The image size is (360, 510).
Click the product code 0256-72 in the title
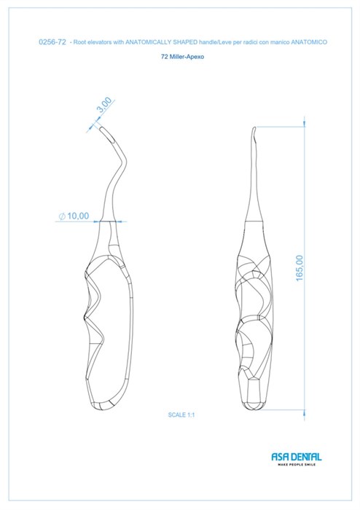point(52,42)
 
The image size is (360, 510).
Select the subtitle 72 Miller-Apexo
point(182,57)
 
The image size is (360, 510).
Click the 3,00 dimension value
point(105,104)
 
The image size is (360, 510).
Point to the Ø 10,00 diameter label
point(74,216)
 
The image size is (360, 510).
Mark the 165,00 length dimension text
point(300,267)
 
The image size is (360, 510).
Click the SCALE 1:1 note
point(181,415)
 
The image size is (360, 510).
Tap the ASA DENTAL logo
point(297,457)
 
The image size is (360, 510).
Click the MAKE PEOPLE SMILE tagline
point(297,465)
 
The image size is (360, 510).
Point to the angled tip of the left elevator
point(101,129)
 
